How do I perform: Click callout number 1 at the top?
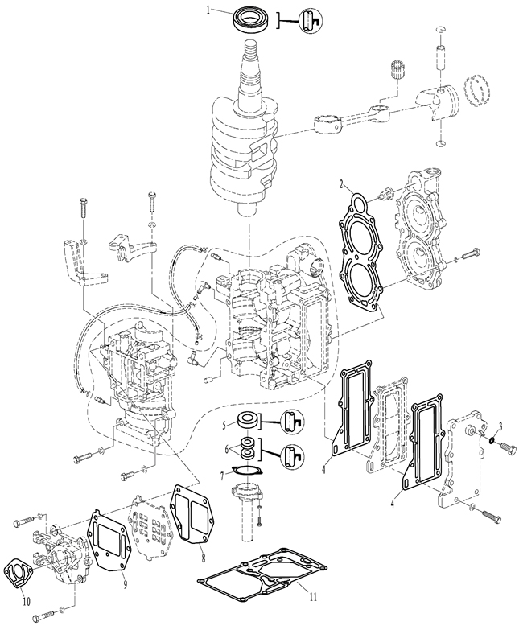click(208, 11)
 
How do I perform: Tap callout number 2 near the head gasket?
click(341, 183)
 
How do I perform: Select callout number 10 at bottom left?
click(27, 600)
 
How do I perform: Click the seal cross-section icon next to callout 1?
click(307, 20)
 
